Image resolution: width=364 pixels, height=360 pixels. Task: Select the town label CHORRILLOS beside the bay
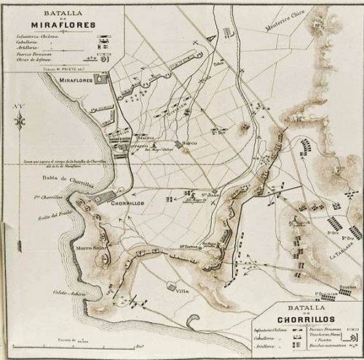pos(125,207)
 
